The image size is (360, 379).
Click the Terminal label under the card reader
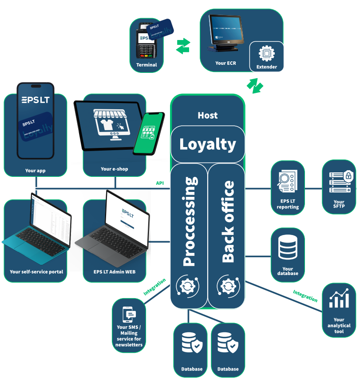pos(146,65)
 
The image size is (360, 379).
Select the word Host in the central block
pos(208,116)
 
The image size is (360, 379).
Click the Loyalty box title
pos(208,144)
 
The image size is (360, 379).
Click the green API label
pos(160,183)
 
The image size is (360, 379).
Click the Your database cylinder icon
pos(288,248)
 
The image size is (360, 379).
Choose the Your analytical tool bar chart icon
pos(339,299)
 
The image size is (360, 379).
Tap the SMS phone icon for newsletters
pos(129,315)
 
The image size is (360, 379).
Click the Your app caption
pos(35,170)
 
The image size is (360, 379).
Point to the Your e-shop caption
pos(115,169)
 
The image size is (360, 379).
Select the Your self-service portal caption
pos(36,272)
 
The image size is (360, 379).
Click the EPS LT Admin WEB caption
pos(115,272)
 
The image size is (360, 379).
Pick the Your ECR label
pos(225,63)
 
